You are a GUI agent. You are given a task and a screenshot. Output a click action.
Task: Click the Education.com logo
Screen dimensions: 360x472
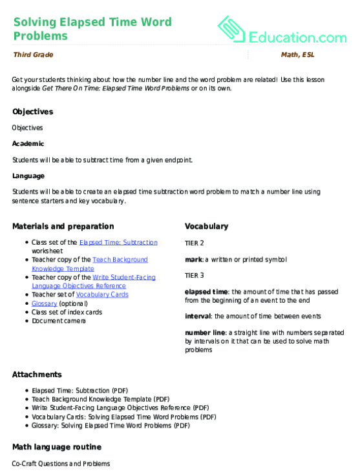tap(284, 28)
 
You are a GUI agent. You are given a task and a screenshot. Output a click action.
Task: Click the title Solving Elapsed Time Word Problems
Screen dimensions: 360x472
tap(92, 28)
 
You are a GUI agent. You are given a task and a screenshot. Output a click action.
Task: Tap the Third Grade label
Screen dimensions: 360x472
tap(33, 56)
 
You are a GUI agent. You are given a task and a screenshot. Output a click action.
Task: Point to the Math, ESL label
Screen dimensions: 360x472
tap(297, 56)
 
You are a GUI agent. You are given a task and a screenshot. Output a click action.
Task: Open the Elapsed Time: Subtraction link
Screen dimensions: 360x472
tap(118, 242)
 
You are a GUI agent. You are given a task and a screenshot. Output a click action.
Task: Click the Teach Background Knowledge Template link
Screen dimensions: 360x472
tap(111, 263)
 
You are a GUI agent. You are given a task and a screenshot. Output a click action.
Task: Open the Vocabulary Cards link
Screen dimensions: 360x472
tap(102, 294)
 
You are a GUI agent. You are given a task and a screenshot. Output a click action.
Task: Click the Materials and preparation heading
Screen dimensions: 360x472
tap(63, 227)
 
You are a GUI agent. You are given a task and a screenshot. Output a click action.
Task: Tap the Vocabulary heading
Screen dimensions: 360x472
tap(206, 227)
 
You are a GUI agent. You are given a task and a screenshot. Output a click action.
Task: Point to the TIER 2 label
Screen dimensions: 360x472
tap(194, 243)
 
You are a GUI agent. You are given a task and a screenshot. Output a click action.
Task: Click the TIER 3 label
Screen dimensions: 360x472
tap(194, 275)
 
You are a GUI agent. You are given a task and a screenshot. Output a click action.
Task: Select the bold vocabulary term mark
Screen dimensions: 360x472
tap(192, 259)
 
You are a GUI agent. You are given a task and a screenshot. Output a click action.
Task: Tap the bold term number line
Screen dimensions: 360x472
tap(204, 333)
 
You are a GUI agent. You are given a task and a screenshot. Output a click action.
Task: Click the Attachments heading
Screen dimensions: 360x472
tap(37, 375)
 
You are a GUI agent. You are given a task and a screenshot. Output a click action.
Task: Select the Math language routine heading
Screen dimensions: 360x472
tap(56, 447)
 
